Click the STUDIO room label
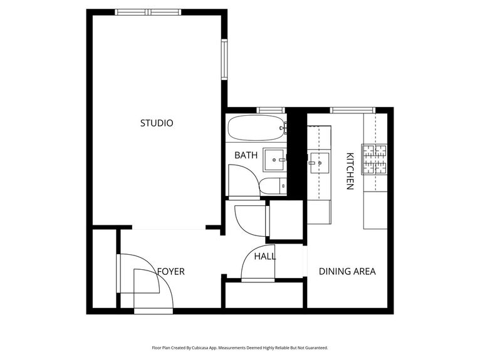(x=156, y=123)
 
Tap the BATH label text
(x=246, y=155)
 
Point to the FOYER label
(x=170, y=272)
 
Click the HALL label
(x=265, y=256)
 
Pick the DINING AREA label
(x=347, y=272)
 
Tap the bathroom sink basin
(x=274, y=160)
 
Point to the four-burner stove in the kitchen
(x=374, y=159)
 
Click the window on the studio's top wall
(x=148, y=12)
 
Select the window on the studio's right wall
(x=224, y=59)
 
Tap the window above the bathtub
(x=271, y=110)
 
